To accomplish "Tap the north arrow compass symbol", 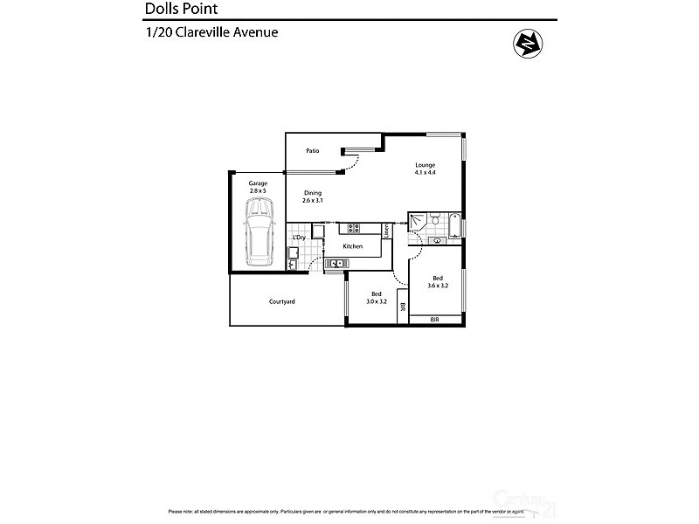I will pyautogui.click(x=526, y=43).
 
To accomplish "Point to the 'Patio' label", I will pyautogui.click(x=312, y=151).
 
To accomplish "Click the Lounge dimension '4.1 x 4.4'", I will pyautogui.click(x=425, y=173).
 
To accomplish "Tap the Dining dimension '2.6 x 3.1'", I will pyautogui.click(x=313, y=201).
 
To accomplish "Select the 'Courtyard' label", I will pyautogui.click(x=281, y=301).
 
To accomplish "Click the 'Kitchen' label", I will pyautogui.click(x=352, y=246).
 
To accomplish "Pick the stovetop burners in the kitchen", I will pyautogui.click(x=354, y=229).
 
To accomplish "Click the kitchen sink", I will pyautogui.click(x=336, y=263).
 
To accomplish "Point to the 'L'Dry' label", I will pyautogui.click(x=298, y=238).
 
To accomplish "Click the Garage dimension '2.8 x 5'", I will pyautogui.click(x=258, y=190).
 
